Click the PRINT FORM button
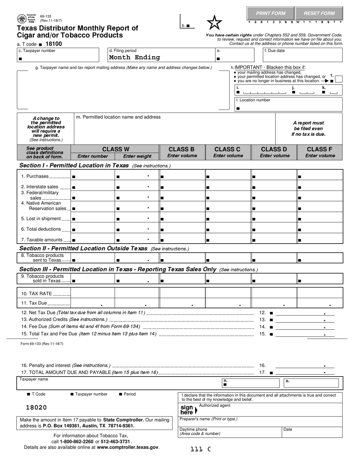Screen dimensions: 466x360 click(x=271, y=13)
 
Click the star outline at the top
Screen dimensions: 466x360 click(x=214, y=23)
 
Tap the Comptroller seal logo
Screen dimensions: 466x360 click(x=22, y=19)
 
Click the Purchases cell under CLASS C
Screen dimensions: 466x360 click(x=228, y=176)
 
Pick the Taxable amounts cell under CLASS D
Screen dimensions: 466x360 click(x=274, y=239)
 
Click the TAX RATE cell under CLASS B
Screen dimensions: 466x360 click(x=182, y=293)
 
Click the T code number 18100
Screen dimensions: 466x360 click(x=53, y=44)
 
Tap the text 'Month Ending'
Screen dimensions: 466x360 click(x=134, y=58)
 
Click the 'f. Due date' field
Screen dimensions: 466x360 click(x=302, y=55)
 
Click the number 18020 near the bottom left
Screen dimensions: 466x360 click(x=36, y=408)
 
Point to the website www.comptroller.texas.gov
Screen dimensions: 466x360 click(x=127, y=447)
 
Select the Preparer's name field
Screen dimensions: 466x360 click(x=260, y=421)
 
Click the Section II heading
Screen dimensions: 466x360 click(x=83, y=249)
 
